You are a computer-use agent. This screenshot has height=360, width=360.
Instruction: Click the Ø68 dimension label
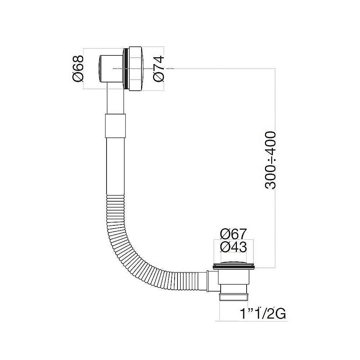(x=78, y=68)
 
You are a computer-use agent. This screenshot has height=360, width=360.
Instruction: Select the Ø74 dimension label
(x=159, y=68)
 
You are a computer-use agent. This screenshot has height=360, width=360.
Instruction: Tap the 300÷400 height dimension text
(x=270, y=160)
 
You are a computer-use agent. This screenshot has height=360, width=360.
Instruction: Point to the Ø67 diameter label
(x=233, y=234)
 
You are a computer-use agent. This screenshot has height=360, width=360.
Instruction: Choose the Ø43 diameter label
(x=233, y=247)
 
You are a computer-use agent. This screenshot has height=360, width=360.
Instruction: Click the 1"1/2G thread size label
(x=263, y=314)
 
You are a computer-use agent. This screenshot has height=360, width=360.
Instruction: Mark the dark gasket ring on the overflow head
(x=126, y=68)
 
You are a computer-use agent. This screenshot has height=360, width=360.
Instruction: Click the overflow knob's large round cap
(x=136, y=68)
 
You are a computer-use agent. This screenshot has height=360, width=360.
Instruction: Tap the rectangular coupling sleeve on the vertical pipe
(x=116, y=126)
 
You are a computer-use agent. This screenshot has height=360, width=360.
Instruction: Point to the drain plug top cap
(x=233, y=263)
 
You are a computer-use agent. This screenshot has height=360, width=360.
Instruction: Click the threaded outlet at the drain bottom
(x=233, y=297)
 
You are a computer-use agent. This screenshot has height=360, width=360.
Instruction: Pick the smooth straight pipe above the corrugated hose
(x=116, y=166)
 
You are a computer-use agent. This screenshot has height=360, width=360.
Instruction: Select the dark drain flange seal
(x=233, y=267)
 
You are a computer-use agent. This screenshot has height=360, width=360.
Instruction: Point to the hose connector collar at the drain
(x=211, y=282)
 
